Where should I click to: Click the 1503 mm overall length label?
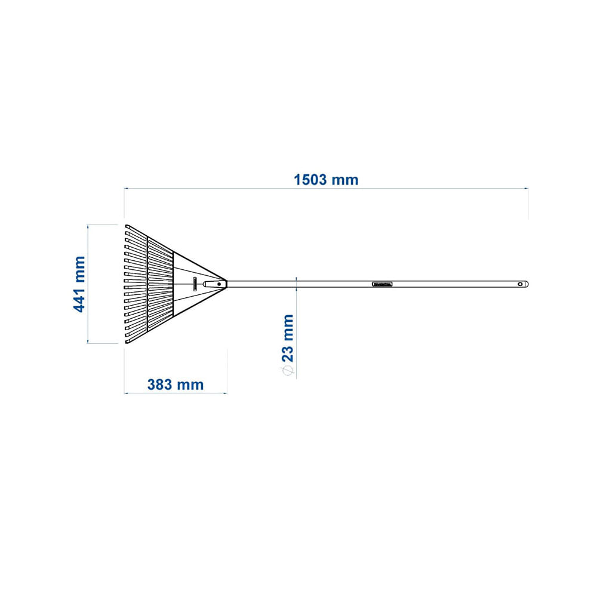pos(326,180)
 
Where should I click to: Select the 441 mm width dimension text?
pos(79,284)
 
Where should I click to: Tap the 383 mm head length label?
pos(175,384)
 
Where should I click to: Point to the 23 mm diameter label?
pos(288,338)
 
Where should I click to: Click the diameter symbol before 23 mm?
pos(288,371)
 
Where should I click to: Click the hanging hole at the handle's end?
pos(520,285)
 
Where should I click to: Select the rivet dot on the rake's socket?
pos(219,285)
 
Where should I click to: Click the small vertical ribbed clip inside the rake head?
pos(195,284)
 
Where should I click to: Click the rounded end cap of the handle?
pos(527,285)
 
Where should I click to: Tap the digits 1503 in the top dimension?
pos(312,180)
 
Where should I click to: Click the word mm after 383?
pos(191,384)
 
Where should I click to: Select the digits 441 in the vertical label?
pos(79,298)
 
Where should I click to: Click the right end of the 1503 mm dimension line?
pos(528,189)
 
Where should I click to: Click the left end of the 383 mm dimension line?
pos(124,393)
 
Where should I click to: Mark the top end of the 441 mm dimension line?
pos(88,224)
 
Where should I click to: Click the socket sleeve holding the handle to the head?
pos(212,285)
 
